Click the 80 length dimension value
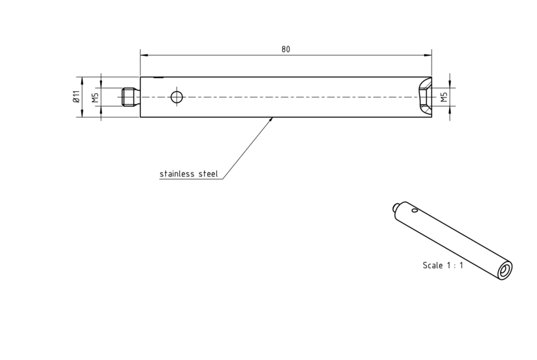(x=286, y=49)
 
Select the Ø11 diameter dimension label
(x=76, y=97)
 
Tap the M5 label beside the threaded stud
(x=95, y=97)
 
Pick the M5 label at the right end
(x=444, y=97)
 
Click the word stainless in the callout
(x=178, y=174)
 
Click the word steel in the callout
(x=208, y=174)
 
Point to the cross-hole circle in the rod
(x=177, y=97)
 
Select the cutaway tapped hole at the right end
(x=425, y=97)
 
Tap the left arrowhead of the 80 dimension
(x=144, y=55)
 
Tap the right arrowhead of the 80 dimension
(x=428, y=55)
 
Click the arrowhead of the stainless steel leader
(x=271, y=119)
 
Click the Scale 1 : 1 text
(x=443, y=265)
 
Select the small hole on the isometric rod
(x=414, y=210)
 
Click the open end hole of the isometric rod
(x=505, y=271)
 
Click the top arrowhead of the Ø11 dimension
(x=82, y=81)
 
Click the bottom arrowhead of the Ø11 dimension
(x=82, y=114)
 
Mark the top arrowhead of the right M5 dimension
(x=450, y=84)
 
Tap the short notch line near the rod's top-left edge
(x=158, y=78)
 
